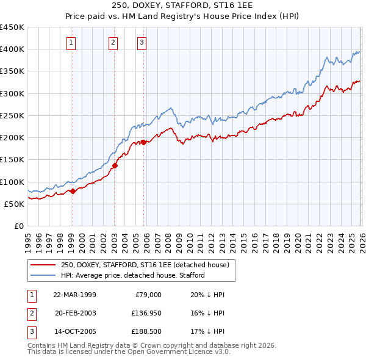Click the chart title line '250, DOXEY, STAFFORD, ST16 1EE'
[183, 5]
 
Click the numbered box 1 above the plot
[72, 43]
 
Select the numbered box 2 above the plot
[113, 43]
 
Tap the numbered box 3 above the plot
[142, 43]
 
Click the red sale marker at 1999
[73, 191]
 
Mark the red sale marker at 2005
[143, 142]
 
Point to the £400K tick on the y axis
[12, 49]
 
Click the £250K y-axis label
[12, 115]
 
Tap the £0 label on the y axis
[18, 226]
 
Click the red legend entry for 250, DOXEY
[145, 265]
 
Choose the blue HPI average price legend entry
[132, 275]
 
